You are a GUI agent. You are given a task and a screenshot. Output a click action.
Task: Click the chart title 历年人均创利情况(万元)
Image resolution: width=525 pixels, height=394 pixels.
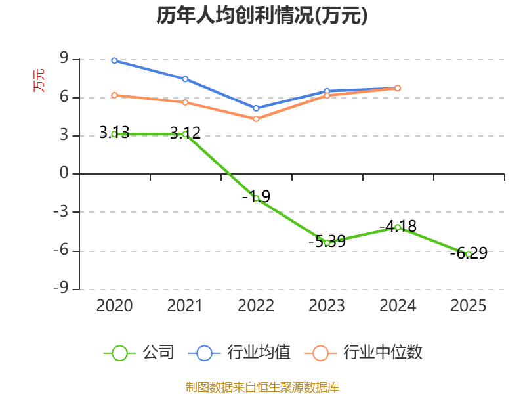pos(262,16)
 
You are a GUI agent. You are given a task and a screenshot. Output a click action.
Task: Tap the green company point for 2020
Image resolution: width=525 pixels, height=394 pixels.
pos(114,134)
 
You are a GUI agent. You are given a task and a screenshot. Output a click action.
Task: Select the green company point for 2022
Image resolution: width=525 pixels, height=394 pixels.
pos(256,198)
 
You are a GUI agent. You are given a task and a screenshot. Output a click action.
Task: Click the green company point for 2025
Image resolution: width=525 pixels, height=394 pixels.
pos(469,253)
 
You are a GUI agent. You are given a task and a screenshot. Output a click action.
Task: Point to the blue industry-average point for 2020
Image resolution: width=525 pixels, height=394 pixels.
pos(114,60)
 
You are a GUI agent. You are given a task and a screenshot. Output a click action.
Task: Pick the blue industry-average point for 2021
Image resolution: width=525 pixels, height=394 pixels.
pos(185,79)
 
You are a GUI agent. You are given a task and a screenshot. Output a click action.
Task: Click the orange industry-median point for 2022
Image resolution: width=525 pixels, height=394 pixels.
pos(256,119)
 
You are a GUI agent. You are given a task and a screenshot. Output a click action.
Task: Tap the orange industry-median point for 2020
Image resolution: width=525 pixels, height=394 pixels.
pos(114,95)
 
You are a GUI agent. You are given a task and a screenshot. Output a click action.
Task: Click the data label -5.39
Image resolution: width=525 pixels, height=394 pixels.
pos(327,241)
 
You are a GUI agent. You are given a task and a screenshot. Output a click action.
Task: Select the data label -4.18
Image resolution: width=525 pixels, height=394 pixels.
pos(398,226)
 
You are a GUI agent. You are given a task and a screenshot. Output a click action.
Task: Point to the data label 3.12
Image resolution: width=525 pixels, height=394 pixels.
pos(185,133)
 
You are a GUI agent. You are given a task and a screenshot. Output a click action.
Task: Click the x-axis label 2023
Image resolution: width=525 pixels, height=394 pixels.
pos(327,305)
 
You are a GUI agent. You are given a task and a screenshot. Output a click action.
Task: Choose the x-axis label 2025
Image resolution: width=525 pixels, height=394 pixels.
pos(469,305)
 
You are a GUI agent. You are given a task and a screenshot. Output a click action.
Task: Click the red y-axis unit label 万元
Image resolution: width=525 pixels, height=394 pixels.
pos(39,80)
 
